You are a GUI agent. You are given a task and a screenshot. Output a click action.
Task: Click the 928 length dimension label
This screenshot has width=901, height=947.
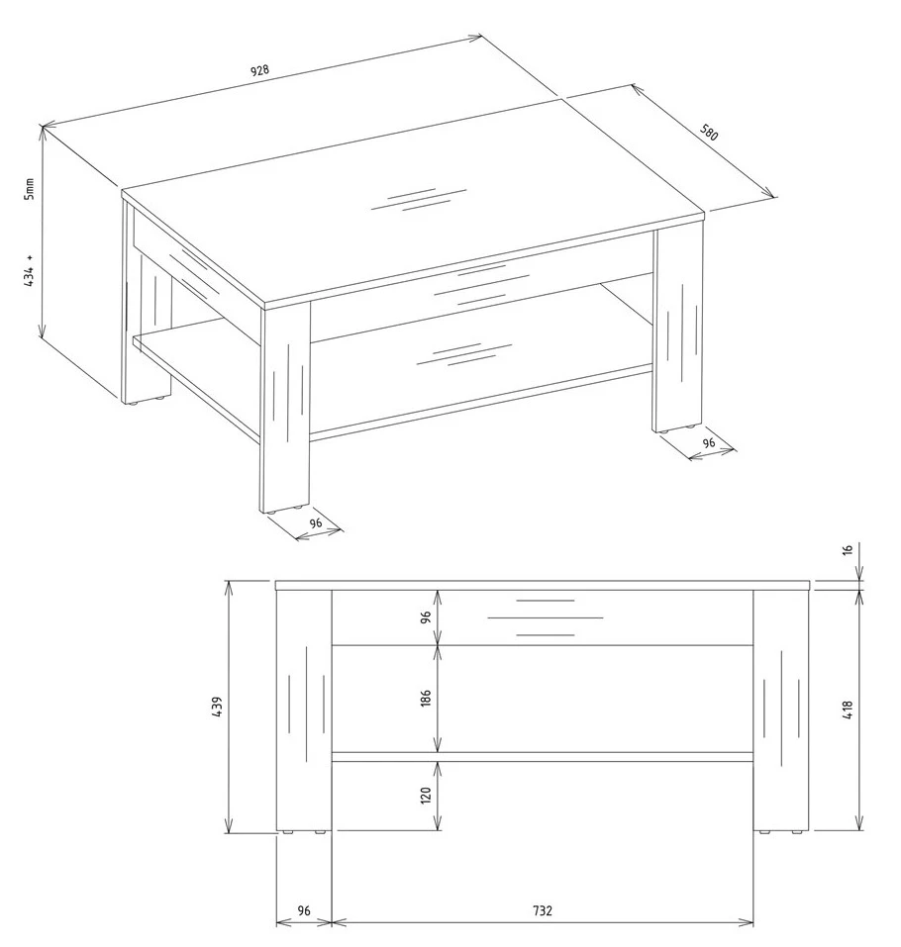pos(259,70)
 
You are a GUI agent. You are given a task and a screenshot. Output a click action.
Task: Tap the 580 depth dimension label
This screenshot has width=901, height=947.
pos(709,133)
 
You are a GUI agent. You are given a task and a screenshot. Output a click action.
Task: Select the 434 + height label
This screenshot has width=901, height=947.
pos(30,270)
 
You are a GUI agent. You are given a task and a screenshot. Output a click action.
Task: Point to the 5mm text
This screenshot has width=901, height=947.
pos(30,189)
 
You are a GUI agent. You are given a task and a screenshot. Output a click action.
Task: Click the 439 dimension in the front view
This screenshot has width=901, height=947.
pos(218,707)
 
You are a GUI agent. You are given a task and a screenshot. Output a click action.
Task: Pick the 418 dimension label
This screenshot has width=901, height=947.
pos(848,710)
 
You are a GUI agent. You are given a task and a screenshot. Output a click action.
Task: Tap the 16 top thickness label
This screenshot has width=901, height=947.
pos(848,550)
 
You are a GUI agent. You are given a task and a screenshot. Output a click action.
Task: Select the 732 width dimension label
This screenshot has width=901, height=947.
pos(543,910)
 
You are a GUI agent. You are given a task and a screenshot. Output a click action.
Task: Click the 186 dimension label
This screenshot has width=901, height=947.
pos(426,699)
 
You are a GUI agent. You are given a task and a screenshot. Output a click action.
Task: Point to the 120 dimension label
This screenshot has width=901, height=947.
pos(426,795)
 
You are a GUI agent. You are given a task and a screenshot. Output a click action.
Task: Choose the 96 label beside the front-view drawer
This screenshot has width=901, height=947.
pos(426,617)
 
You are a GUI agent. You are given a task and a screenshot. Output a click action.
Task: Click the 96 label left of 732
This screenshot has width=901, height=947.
pos(303,910)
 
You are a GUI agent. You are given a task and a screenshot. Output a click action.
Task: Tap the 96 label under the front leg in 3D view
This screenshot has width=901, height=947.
pos(316,523)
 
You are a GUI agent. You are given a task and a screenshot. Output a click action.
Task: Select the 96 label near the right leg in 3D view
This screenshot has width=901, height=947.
pos(709,442)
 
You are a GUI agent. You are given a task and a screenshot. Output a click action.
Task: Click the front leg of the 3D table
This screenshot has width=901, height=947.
pos(285,405)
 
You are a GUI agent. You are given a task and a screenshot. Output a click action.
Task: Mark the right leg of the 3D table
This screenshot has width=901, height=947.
pos(678,327)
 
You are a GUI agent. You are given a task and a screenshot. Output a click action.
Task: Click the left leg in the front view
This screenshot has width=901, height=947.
pos(304,710)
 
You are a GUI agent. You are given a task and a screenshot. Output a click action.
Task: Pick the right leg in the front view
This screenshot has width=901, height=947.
pos(781,710)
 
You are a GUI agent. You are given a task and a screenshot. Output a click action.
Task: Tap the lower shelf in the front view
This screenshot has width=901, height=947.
pos(542,757)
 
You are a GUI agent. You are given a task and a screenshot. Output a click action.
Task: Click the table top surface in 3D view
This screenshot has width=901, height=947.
pos(413,201)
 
